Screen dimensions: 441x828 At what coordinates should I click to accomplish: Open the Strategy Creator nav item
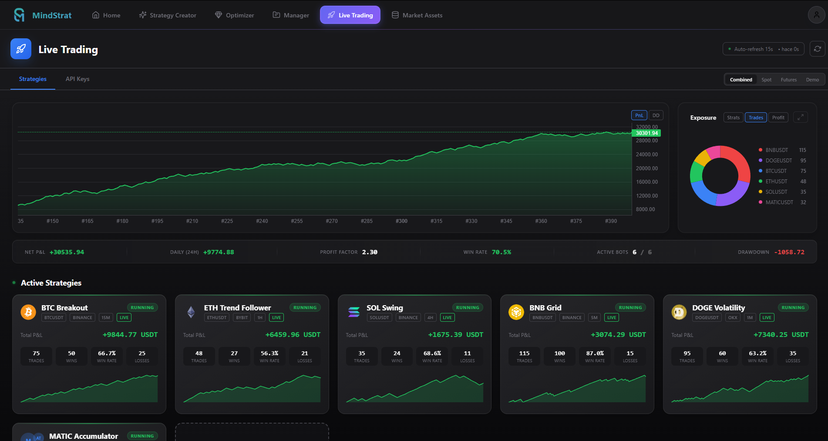pos(168,15)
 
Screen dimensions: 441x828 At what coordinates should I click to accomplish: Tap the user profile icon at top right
pos(816,15)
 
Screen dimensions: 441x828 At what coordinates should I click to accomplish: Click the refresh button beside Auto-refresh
pos(817,49)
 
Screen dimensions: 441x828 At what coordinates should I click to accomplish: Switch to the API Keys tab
pos(77,79)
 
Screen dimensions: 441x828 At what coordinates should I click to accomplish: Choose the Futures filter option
pos(788,80)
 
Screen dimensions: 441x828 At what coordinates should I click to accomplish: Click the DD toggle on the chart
pos(656,115)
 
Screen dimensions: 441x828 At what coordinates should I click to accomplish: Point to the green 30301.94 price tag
pos(646,133)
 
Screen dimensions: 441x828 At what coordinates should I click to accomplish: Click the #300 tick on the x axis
pos(401,221)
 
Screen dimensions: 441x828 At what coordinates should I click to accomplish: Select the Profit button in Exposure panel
pos(778,118)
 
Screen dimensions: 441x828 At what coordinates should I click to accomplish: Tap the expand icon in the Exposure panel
pos(800,118)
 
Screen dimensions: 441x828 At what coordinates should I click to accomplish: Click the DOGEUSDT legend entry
pos(778,161)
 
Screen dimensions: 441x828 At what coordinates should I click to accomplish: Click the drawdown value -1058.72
pos(789,252)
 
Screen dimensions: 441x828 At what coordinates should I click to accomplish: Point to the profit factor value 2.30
pos(370,252)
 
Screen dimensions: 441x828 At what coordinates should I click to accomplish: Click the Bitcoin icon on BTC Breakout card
pos(28,312)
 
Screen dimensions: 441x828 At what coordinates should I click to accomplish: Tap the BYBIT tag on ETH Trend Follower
pos(242,318)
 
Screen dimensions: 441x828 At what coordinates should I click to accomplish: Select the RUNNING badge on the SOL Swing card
pos(468,307)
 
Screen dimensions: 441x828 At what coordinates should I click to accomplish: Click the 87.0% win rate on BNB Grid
pos(595,353)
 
